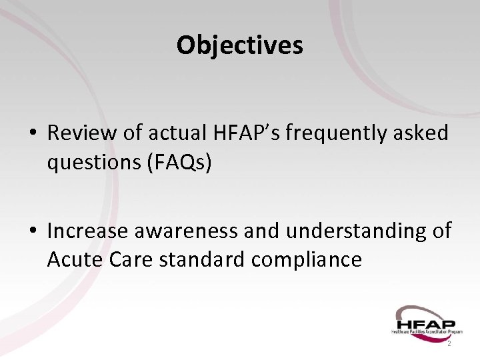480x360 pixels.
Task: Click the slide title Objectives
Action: coord(240,45)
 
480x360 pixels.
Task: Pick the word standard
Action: coord(199,259)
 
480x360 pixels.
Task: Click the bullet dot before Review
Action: coord(32,134)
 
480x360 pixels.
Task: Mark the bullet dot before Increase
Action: coord(32,231)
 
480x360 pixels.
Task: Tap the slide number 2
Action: coord(449,343)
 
